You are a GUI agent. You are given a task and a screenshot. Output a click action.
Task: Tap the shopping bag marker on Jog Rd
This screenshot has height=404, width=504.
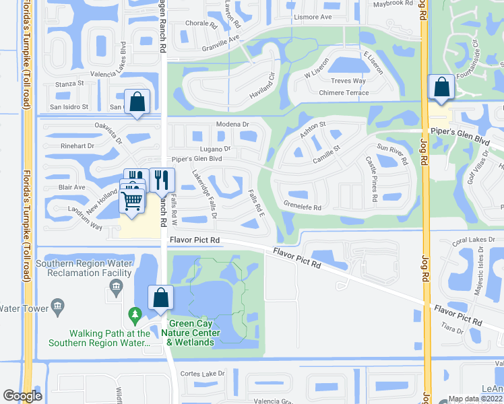(x=441, y=88)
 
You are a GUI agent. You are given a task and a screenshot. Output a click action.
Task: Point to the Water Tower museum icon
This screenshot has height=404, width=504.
(x=57, y=308)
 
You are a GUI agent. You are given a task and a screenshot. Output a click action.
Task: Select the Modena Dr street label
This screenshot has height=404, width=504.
(x=232, y=125)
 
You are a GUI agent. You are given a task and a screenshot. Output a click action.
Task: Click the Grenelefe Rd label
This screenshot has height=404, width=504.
(x=303, y=207)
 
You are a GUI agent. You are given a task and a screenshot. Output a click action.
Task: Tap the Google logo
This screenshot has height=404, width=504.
(x=22, y=397)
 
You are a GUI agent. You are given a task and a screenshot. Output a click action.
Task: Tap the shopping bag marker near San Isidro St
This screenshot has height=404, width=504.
(x=137, y=103)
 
